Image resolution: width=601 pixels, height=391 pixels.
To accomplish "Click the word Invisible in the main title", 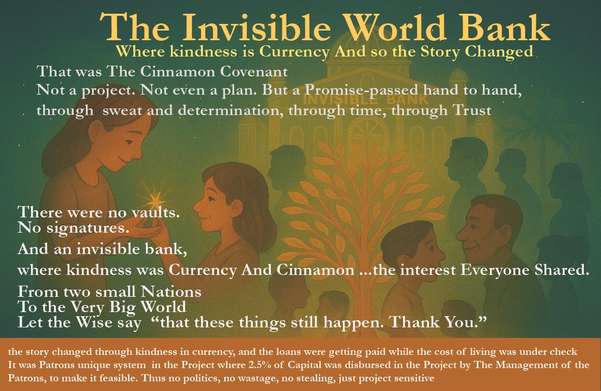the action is (x=256, y=27).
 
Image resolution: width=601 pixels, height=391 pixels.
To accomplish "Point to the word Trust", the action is (x=472, y=110).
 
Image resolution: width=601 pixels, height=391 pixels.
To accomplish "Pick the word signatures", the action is (x=88, y=228).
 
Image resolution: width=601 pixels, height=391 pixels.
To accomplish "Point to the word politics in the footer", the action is (x=189, y=378).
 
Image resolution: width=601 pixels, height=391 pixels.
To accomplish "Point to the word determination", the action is (x=231, y=110).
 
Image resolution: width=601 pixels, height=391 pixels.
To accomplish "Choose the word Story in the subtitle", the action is (x=441, y=52).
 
